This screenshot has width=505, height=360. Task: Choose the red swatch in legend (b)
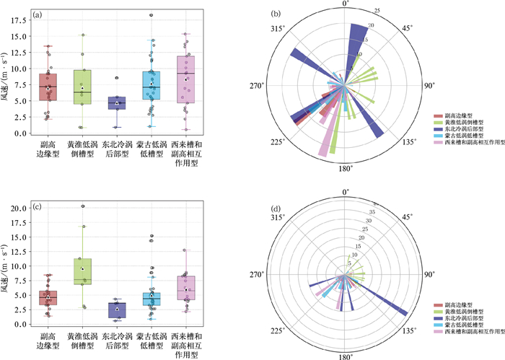[x=438, y=115]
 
